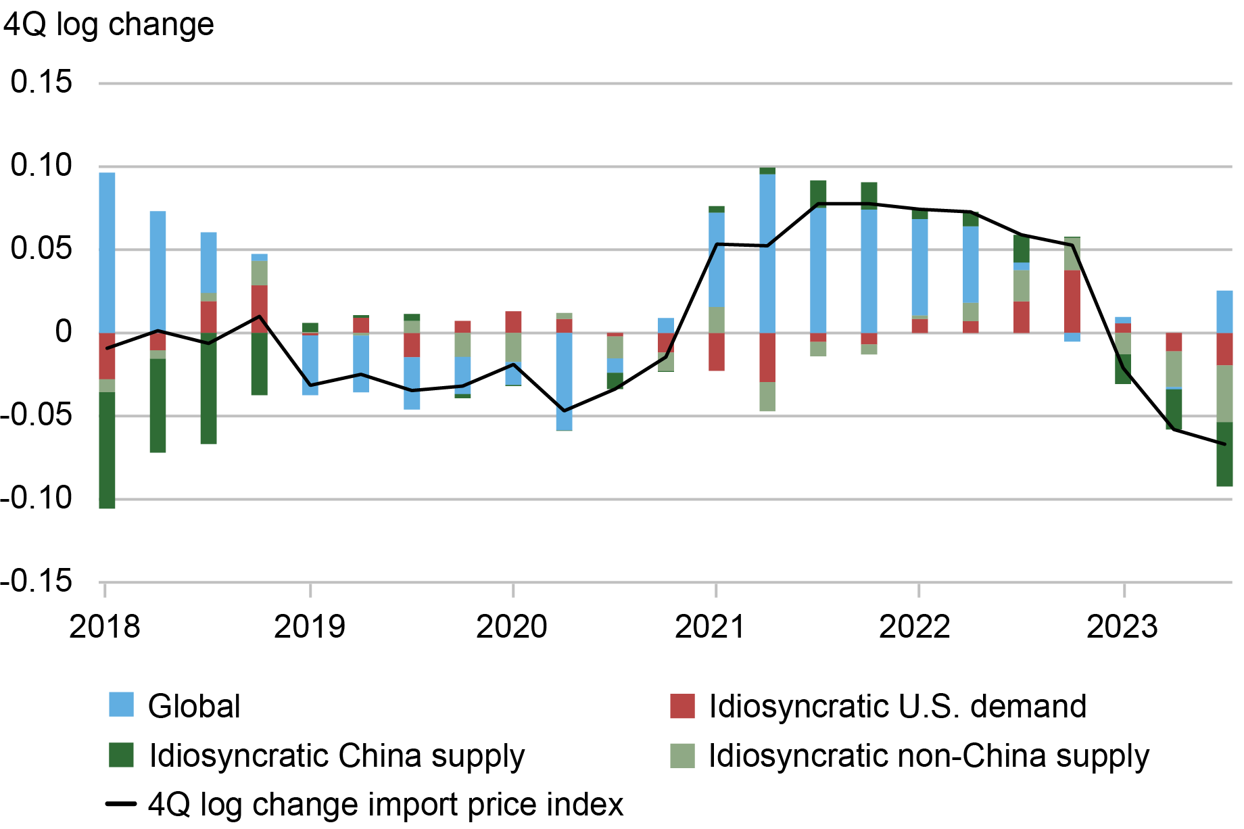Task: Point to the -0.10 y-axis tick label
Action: tap(37, 498)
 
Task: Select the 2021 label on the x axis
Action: tap(710, 626)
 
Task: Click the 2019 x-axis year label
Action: tap(309, 626)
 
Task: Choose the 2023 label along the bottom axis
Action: tap(1122, 626)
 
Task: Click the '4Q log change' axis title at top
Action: tap(108, 25)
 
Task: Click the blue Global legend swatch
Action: tap(122, 705)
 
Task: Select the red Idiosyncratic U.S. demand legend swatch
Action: tap(682, 706)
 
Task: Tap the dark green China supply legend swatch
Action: tap(122, 755)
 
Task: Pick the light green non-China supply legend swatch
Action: tap(682, 755)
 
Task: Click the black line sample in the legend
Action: tap(122, 804)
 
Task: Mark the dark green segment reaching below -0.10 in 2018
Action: tap(107, 450)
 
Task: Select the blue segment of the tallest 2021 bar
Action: tap(767, 254)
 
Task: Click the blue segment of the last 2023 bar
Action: tap(1224, 312)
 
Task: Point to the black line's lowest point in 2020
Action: tap(565, 410)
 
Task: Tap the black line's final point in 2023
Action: tap(1224, 444)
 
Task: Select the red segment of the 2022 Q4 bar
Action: tap(1072, 301)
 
